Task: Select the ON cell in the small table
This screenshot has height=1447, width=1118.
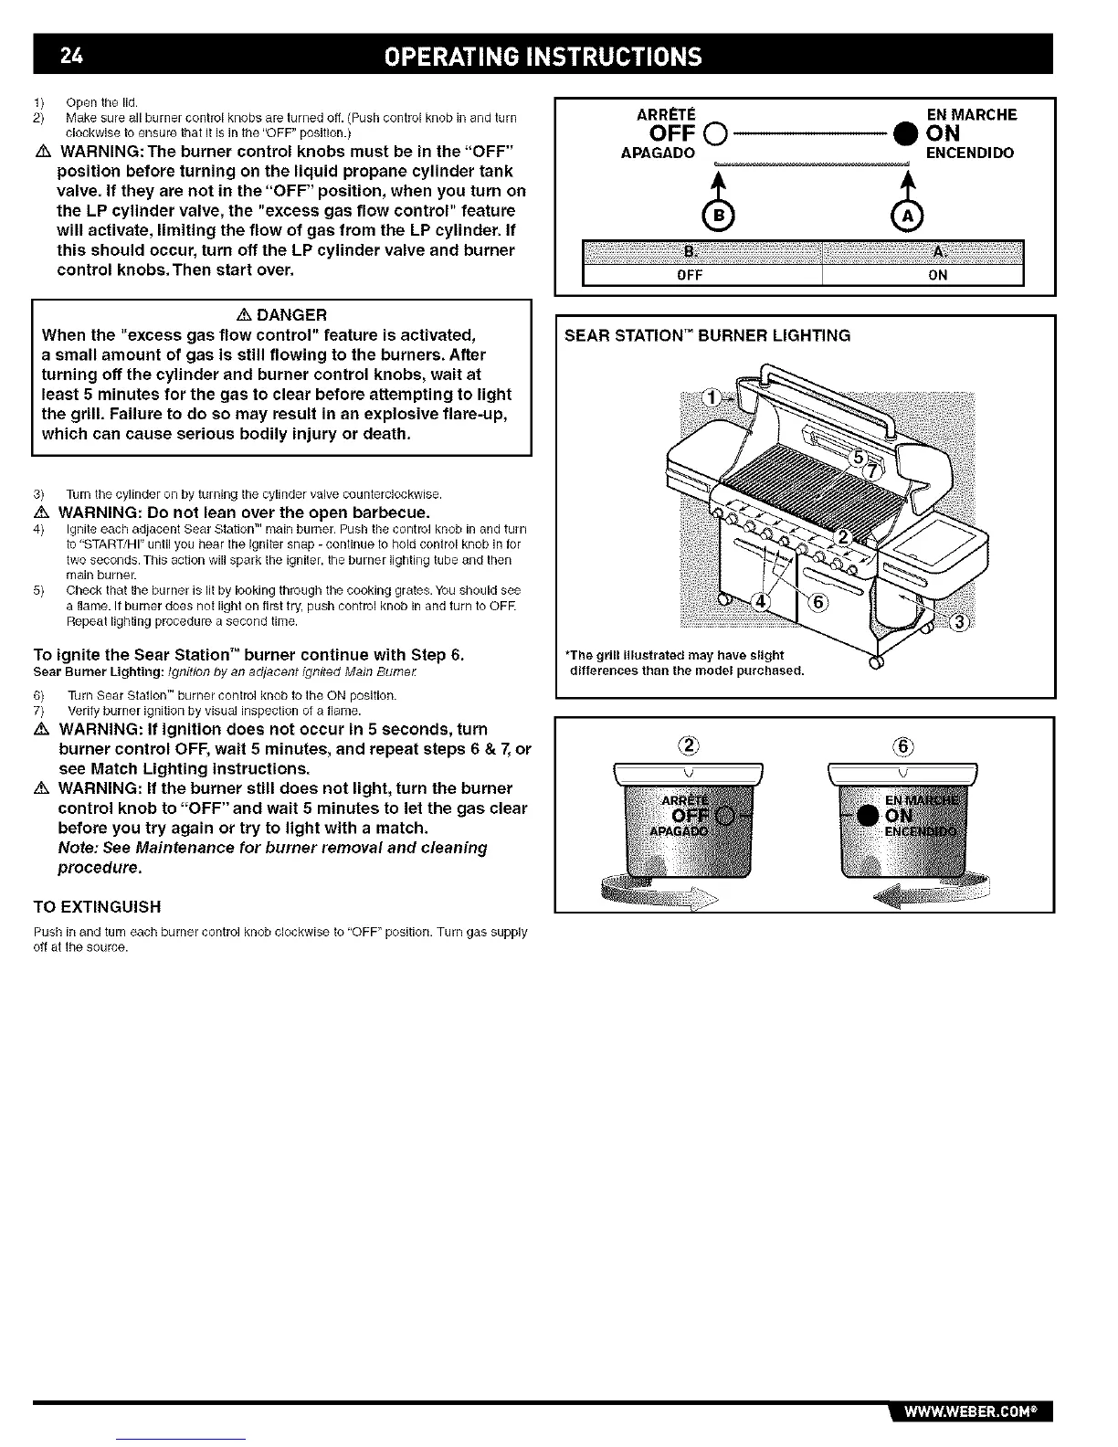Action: (937, 275)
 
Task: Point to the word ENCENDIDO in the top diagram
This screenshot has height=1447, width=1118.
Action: (969, 153)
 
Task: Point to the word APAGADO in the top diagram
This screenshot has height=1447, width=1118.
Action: (658, 153)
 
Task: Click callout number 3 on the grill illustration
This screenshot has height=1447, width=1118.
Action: (960, 623)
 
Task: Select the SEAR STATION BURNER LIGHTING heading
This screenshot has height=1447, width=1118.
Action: (708, 336)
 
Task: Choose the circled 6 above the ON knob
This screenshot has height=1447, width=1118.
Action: (901, 745)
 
